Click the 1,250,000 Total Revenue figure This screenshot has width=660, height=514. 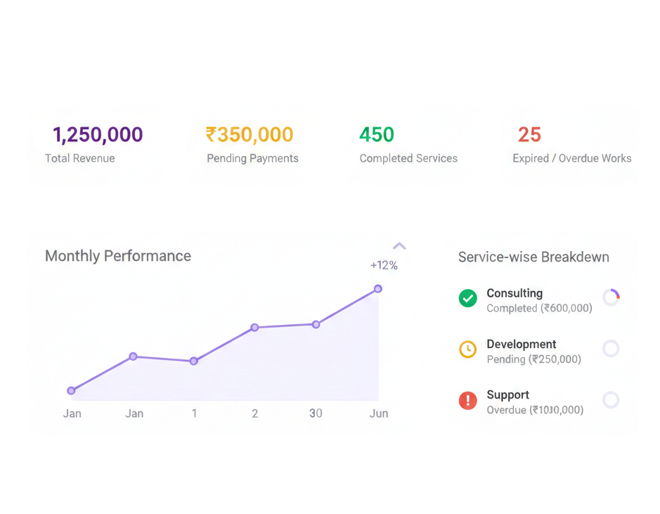point(98,134)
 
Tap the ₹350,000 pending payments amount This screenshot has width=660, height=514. point(250,134)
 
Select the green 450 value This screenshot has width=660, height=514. point(377,134)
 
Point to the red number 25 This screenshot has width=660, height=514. point(529,134)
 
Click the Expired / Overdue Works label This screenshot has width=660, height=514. point(571,158)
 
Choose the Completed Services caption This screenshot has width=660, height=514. point(408,158)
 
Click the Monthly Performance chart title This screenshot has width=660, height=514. point(118,256)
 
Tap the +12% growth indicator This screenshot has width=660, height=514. point(384,265)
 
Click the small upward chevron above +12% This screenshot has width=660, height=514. point(399,246)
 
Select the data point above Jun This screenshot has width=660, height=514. point(378,289)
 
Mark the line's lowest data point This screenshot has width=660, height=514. point(71,390)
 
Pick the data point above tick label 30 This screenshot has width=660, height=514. point(316,324)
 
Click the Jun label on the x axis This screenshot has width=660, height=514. point(379,413)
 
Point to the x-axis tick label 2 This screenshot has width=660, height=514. point(254,413)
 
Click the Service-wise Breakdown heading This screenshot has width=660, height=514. point(533,257)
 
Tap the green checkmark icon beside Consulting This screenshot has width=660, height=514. point(467,299)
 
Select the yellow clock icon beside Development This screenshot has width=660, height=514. point(467,349)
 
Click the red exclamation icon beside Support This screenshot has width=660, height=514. point(467,401)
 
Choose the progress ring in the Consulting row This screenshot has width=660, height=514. point(611,297)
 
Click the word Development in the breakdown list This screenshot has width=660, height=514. point(521,344)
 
